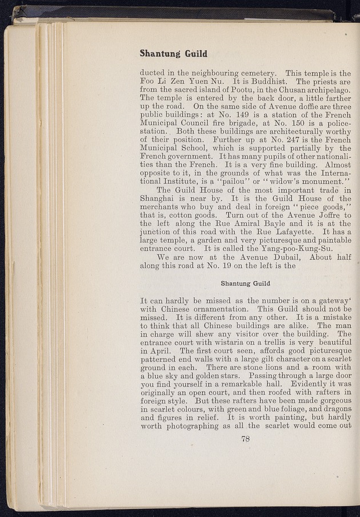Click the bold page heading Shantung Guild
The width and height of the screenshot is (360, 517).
coord(173,54)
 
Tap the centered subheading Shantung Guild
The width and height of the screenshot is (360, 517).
coord(246,283)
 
